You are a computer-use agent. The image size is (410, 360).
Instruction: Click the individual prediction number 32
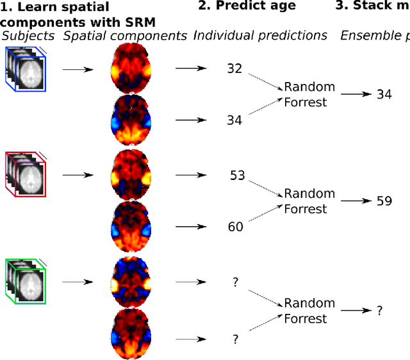(x=234, y=68)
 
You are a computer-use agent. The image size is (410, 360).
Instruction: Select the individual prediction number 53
(x=237, y=175)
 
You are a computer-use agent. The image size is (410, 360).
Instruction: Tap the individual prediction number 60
(x=236, y=226)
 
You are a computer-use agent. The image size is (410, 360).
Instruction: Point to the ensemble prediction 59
(x=384, y=201)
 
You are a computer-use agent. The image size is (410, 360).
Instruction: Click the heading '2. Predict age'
(x=250, y=6)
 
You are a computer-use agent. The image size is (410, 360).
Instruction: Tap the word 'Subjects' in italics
(x=29, y=36)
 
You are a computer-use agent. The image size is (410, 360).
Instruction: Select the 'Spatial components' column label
(x=125, y=36)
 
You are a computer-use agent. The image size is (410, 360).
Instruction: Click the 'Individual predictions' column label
(x=260, y=36)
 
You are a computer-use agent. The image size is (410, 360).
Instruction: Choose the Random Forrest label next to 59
(x=309, y=201)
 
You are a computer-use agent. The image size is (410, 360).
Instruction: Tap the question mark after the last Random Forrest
(x=379, y=311)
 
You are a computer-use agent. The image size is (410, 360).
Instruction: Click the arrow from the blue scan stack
(x=77, y=68)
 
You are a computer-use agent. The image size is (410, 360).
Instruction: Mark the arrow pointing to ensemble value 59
(x=356, y=201)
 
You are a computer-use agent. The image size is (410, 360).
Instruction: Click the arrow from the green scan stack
(x=77, y=281)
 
